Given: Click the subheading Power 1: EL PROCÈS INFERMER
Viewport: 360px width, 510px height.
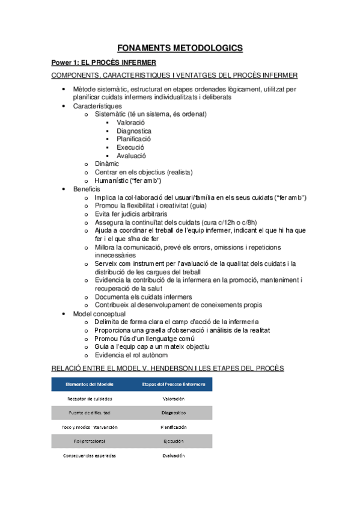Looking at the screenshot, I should click(103, 63).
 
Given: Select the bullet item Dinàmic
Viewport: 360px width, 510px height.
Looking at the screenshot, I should click(106, 164).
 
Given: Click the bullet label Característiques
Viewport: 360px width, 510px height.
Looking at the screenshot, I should click(97, 106).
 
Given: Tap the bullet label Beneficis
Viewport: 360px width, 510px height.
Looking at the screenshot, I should click(87, 189).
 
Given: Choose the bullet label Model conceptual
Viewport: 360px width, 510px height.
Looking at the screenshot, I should click(99, 314).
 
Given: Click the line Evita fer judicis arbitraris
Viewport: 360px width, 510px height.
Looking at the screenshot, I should click(131, 214).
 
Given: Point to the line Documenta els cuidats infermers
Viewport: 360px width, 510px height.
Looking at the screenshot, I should click(143, 296).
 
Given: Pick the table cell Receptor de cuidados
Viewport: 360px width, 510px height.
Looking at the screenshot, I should click(88, 399).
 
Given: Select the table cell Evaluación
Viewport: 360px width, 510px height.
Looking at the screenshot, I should click(173, 456).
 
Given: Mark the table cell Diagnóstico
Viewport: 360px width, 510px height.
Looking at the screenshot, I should click(173, 413).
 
